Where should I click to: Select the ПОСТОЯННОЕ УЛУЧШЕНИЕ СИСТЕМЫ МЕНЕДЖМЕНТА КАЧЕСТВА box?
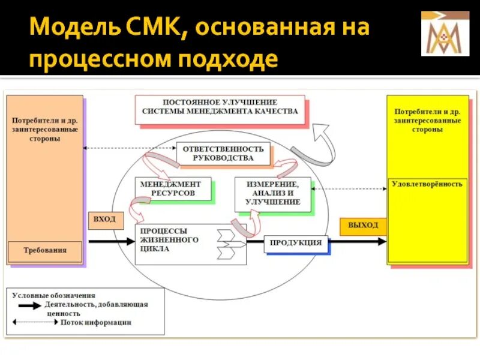[220, 108]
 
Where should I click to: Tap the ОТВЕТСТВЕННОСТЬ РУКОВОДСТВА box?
[223, 154]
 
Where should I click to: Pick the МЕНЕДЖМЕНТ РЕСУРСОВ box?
[173, 189]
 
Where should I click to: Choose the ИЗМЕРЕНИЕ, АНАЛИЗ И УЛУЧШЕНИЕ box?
[272, 193]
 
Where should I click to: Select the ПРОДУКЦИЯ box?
[296, 243]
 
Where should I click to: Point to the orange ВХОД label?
[105, 220]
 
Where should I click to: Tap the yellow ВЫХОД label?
[363, 226]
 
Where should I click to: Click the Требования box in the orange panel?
[45, 250]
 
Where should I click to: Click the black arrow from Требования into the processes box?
[112, 241]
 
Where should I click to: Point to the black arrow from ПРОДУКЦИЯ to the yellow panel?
[358, 242]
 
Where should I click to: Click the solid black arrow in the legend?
[30, 305]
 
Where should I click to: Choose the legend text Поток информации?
[95, 322]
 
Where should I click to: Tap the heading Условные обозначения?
[55, 295]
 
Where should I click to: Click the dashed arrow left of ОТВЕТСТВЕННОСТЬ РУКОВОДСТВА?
[130, 148]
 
